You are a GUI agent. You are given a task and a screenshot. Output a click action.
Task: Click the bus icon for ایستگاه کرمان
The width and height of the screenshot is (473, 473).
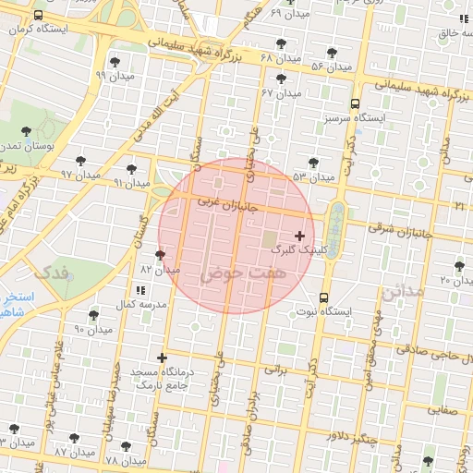coord(37,17)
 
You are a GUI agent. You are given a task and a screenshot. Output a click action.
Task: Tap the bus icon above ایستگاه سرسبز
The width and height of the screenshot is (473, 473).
coord(356,104)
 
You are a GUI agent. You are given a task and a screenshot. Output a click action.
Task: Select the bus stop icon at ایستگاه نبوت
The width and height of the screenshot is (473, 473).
coord(323,297)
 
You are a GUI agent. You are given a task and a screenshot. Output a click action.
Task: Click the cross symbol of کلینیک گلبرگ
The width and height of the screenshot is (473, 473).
coord(299,236)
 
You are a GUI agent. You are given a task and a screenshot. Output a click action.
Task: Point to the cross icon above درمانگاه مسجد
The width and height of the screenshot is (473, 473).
coord(163,357)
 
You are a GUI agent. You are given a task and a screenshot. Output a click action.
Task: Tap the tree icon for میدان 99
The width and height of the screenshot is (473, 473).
coord(115,62)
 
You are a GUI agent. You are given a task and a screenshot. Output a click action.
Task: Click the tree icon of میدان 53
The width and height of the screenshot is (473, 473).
coord(315,163)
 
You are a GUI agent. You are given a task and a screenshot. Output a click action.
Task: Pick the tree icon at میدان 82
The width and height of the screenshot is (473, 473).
coord(161,255)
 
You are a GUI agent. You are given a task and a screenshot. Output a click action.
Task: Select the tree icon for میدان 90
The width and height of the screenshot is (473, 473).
coord(94,315)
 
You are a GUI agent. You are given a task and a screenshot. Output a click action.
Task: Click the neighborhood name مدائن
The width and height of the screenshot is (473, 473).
coord(401,292)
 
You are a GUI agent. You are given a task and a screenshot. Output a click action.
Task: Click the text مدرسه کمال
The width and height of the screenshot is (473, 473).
coord(139,304)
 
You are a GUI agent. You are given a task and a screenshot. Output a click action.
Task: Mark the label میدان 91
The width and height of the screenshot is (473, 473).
coord(131,183)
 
